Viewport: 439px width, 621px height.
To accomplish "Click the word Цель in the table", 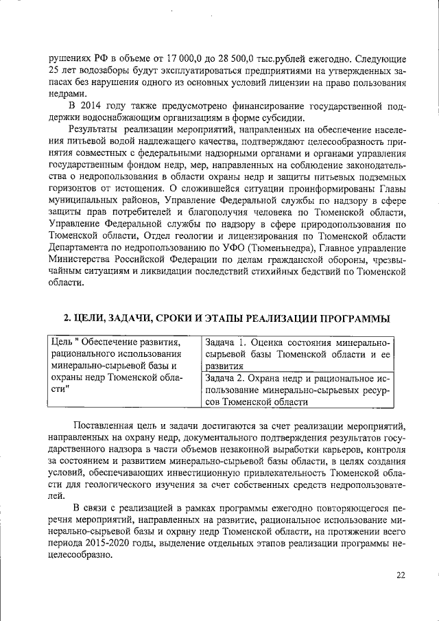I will click(63, 342).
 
